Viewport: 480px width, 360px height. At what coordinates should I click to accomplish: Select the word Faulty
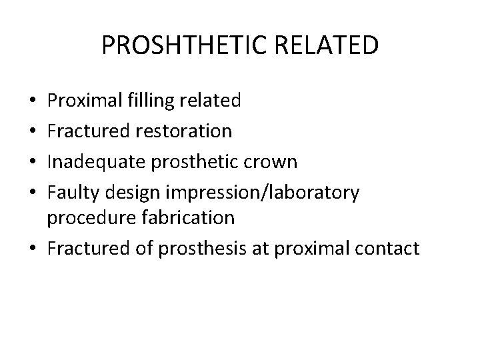pyautogui.click(x=70, y=193)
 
